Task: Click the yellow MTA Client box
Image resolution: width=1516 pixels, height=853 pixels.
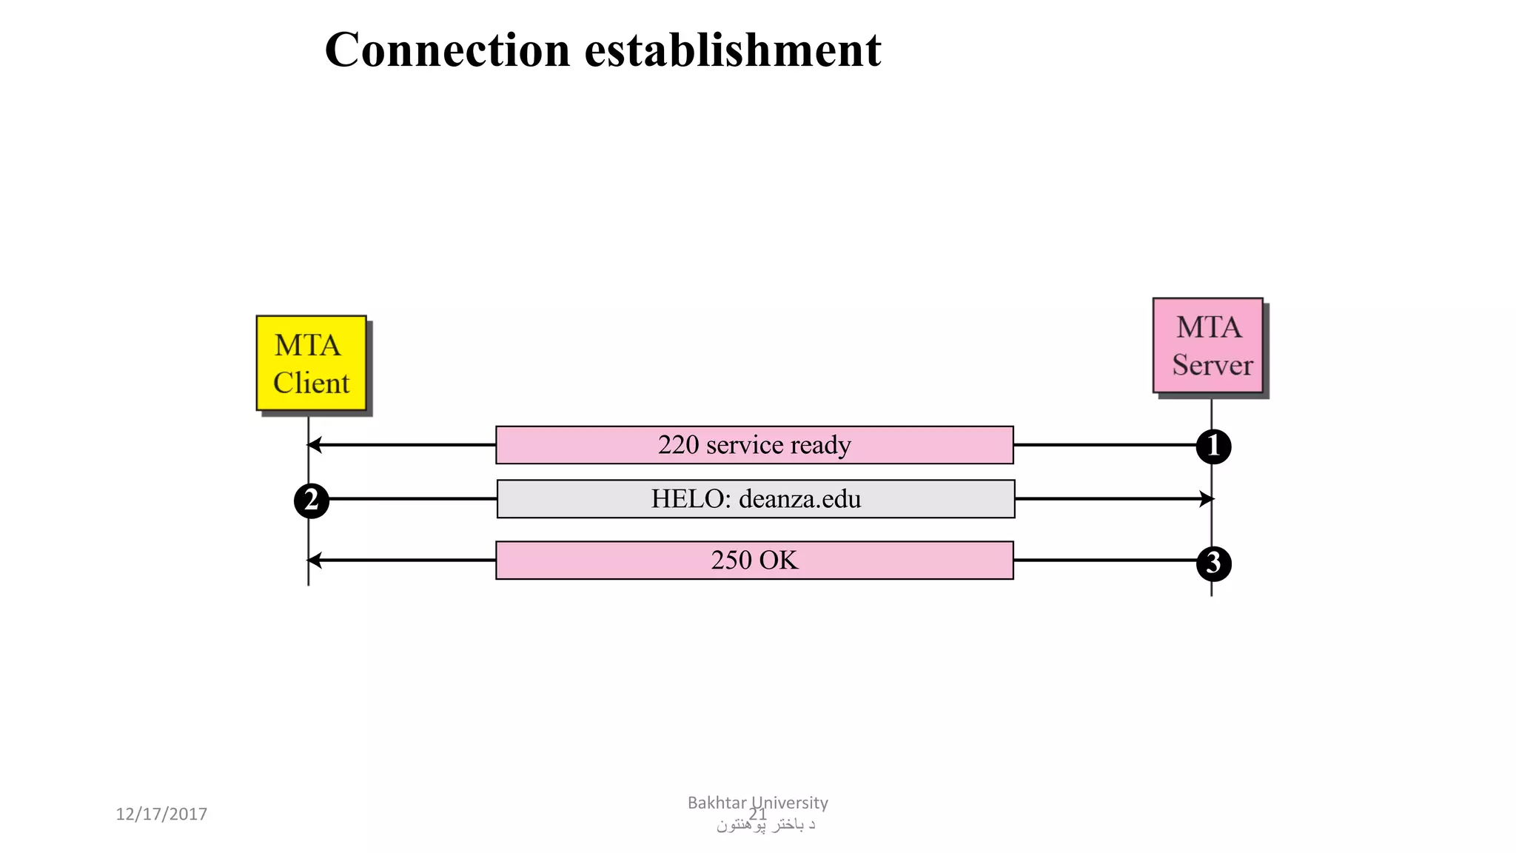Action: [x=311, y=363]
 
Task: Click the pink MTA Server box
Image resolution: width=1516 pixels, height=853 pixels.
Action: [x=1207, y=345]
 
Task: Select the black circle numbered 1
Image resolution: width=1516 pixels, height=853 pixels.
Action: [x=1213, y=446]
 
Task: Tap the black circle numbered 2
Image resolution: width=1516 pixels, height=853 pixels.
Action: [x=312, y=501]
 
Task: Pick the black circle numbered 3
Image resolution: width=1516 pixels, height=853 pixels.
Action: [x=1213, y=563]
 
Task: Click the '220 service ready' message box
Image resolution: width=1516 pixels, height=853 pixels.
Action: [x=754, y=445]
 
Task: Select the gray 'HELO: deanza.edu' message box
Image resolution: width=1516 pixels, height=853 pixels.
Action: [x=756, y=499]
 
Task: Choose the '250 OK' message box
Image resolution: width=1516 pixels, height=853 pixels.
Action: [x=754, y=561]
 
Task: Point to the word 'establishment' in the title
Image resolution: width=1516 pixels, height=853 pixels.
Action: [x=733, y=50]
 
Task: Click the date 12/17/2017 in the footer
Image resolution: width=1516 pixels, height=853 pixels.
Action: [x=161, y=814]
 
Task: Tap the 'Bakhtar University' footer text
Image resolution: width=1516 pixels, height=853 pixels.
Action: [x=757, y=803]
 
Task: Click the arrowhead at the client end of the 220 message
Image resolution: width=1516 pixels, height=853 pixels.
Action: [x=313, y=445]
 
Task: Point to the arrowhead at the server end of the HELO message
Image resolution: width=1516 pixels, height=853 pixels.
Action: [x=1208, y=499]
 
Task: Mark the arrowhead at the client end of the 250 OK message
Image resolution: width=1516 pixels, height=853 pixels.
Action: [x=313, y=561]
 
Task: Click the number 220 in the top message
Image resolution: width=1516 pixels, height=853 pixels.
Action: [x=678, y=445]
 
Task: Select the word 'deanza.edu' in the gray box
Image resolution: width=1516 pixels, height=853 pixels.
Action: [x=799, y=499]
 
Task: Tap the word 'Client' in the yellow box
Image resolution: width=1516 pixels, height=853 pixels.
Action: [x=311, y=384]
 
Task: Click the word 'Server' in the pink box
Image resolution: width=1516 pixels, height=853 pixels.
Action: [x=1212, y=365]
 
